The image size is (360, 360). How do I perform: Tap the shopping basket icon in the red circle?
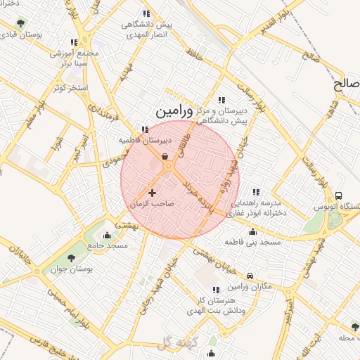[x=165, y=157]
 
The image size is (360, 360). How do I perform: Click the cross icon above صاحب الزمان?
[x=152, y=192]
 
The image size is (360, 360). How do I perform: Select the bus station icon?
[x=340, y=196]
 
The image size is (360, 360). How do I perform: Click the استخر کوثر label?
[x=69, y=87]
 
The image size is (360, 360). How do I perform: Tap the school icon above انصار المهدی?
[x=146, y=13]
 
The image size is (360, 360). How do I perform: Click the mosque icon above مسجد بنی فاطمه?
[x=253, y=231]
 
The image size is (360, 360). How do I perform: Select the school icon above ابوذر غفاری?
[x=256, y=191]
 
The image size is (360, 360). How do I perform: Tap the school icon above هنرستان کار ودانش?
[x=215, y=289]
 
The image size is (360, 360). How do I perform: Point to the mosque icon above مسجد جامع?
[x=107, y=234]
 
